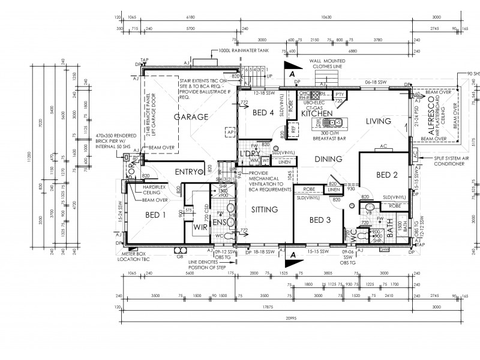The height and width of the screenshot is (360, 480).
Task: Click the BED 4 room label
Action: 263,113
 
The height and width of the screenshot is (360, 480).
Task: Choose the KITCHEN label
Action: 317,113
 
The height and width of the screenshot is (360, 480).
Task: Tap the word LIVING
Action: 379,121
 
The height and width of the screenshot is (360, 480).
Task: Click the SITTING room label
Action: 264,209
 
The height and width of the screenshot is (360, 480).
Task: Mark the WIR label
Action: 200,228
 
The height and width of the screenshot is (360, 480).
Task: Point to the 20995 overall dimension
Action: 290,317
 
